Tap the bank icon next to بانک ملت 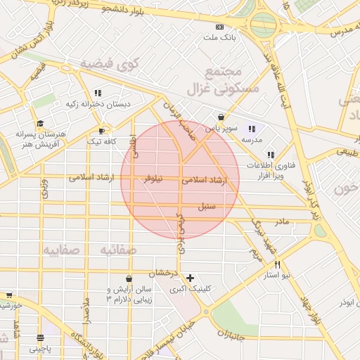tap(220, 27)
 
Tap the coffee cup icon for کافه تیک tap(103, 131)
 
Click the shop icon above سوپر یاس tap(221, 117)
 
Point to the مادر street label tap(282, 222)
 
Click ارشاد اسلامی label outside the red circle tap(92, 178)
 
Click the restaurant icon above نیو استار tap(278, 264)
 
